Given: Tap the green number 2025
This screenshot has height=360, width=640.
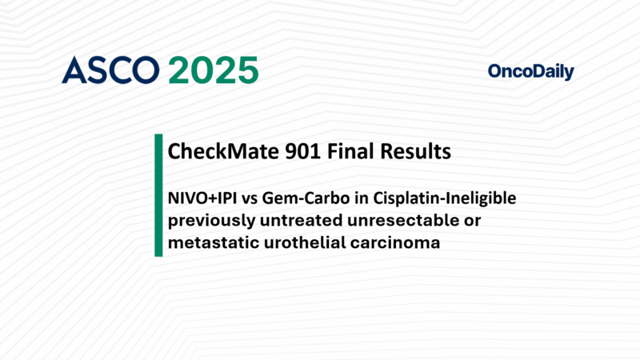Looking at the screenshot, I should [213, 71].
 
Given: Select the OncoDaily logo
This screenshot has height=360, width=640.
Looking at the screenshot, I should [530, 72].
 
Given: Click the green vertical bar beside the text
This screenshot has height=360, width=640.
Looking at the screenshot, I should [158, 195].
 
